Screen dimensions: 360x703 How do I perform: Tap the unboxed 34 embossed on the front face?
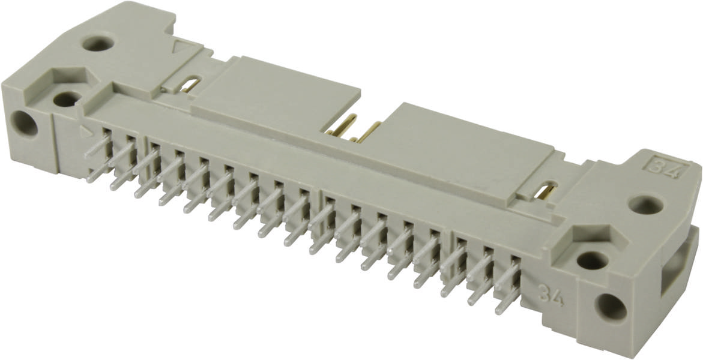[x=550, y=295]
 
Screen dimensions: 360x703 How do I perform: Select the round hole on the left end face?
[x=25, y=124]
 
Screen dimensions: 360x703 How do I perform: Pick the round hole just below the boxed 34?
[x=645, y=205]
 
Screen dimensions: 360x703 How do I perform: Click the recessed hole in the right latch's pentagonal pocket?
[x=592, y=260]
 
